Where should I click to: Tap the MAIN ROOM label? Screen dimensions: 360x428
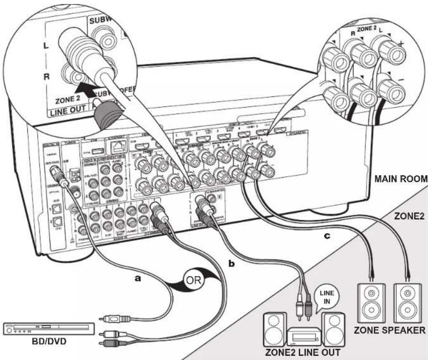pos(399,180)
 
